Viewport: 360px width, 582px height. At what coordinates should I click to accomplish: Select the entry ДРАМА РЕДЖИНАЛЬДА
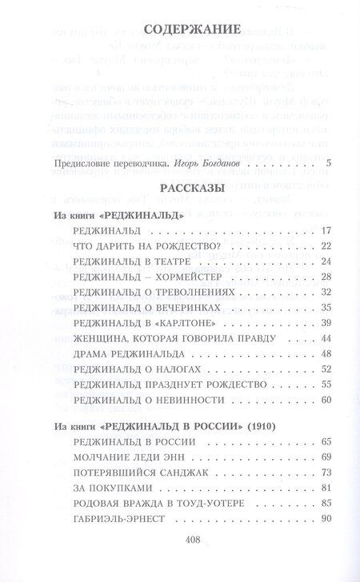117,353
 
